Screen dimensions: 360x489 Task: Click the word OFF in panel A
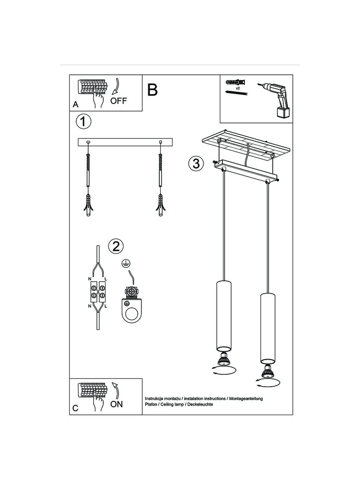tap(118, 101)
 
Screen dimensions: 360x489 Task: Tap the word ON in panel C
tap(117, 404)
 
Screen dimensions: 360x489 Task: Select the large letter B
tap(152, 89)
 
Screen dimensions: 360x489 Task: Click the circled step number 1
tap(84, 121)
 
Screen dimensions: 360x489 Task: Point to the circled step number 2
tap(116, 246)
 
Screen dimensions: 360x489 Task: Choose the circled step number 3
tap(196, 163)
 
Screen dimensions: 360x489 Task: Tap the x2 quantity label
tap(237, 89)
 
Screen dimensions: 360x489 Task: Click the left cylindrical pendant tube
tap(224, 316)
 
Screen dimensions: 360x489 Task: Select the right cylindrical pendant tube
tap(268, 328)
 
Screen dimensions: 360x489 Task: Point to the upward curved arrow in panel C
tap(116, 390)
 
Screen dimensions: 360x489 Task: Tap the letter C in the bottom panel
tap(75, 408)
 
